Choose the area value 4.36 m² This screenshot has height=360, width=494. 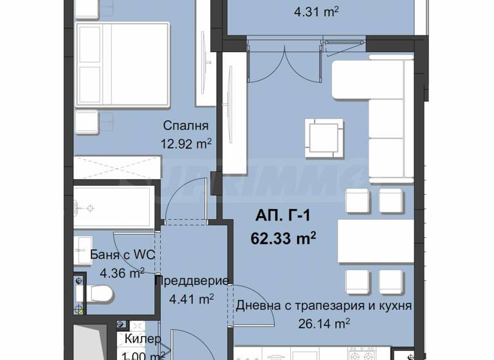[x=122, y=273]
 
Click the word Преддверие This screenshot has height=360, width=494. [x=192, y=281]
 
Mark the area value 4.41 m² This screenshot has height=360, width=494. [x=190, y=298]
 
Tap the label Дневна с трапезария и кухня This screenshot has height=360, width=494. [x=324, y=306]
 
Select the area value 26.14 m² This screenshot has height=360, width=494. [x=323, y=323]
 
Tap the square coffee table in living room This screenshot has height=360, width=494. [x=321, y=134]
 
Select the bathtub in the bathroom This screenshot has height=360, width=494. [x=114, y=208]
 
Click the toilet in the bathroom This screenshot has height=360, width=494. [x=99, y=294]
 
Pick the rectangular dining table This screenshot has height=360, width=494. [x=376, y=241]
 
